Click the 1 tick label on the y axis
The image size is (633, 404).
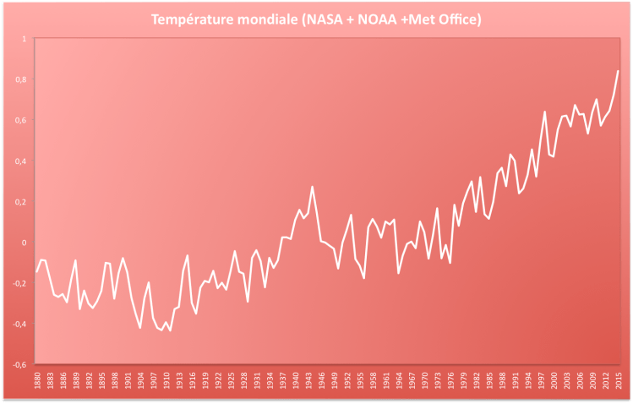click(x=24, y=39)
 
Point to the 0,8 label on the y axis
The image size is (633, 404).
click(x=21, y=79)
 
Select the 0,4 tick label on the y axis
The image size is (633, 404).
click(x=21, y=161)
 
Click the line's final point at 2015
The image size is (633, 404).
click(x=619, y=71)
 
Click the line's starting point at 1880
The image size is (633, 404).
click(x=37, y=272)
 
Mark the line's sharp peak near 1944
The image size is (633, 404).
click(x=313, y=187)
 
